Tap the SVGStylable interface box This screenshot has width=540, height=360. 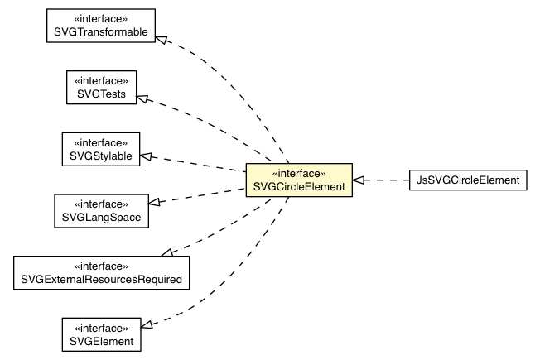101,148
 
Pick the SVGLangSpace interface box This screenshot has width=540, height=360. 101,210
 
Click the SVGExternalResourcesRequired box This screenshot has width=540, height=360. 101,272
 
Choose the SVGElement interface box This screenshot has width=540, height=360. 101,333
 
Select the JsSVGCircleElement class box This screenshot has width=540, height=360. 467,180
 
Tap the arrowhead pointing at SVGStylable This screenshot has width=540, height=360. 147,156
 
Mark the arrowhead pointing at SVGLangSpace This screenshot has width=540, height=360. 153,201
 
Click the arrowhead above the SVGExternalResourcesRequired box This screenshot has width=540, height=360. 166,251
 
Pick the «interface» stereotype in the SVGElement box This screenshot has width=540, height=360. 101,326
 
